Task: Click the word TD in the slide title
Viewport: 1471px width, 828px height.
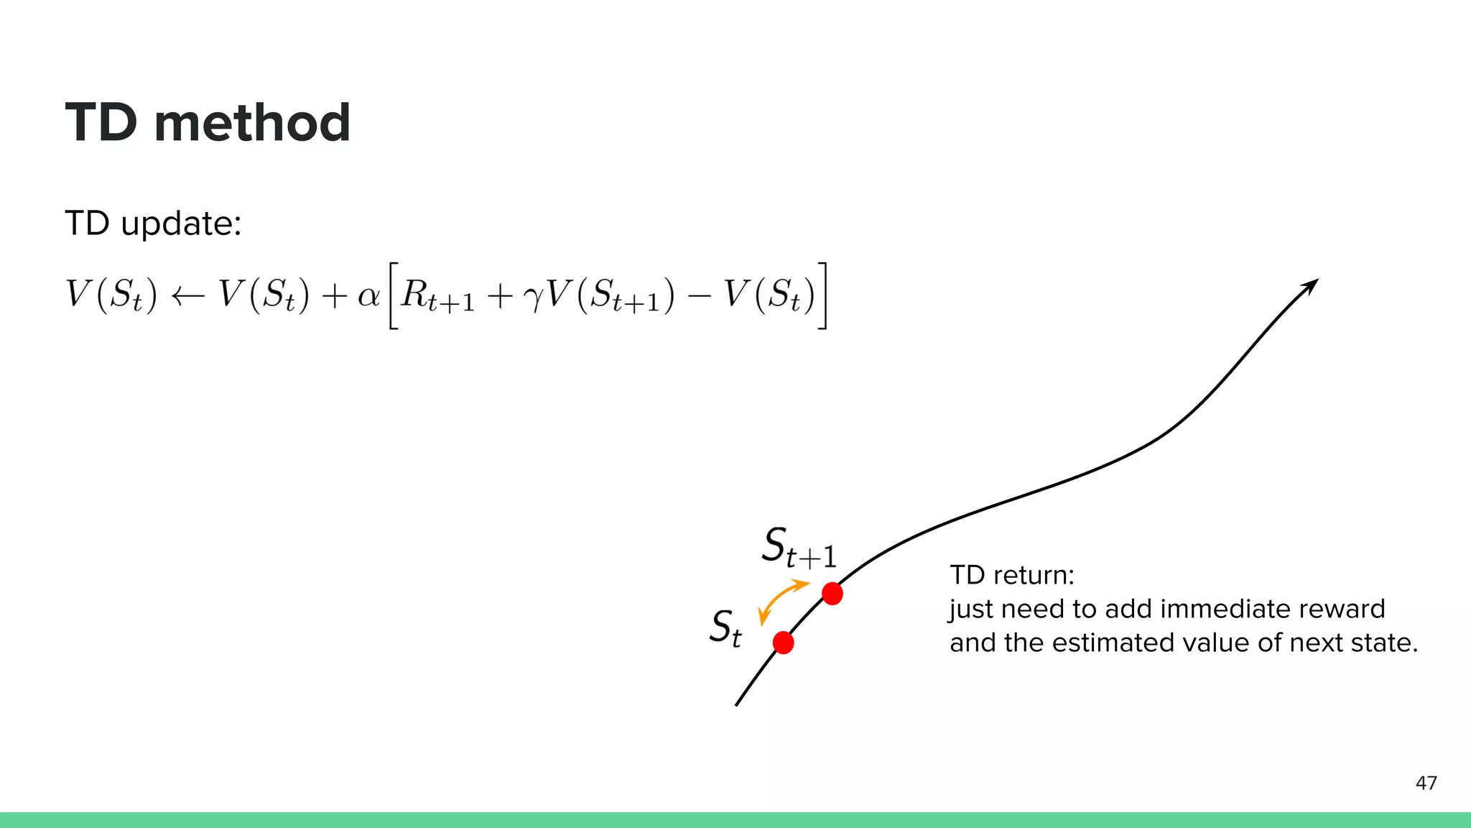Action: pos(101,122)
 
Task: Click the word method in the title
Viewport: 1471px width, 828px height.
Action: pos(252,122)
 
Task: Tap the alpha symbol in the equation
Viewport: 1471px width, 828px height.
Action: pos(368,295)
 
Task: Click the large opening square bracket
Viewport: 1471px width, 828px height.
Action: pos(393,296)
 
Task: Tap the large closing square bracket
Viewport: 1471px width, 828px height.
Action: pos(822,296)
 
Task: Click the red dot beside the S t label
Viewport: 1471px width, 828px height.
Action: pos(783,643)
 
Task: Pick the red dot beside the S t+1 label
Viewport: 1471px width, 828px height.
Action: pos(832,594)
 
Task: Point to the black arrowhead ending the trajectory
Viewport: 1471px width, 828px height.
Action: pos(1311,286)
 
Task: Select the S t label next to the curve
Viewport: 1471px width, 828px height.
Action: pos(725,628)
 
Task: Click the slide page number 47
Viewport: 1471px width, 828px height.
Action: pos(1426,783)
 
